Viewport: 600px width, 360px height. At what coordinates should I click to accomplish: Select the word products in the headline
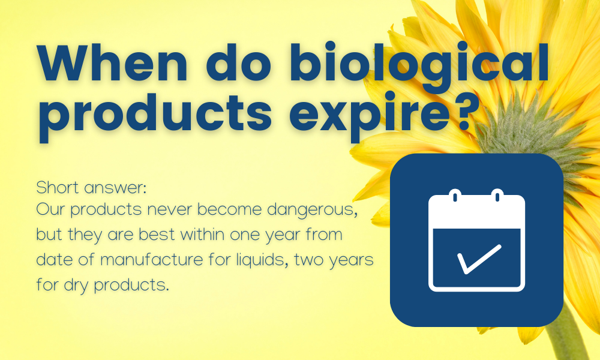155,113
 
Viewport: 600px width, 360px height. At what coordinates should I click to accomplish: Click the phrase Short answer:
91,188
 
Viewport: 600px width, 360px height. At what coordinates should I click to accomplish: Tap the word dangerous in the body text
312,211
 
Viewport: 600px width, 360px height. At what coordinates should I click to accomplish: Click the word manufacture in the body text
152,260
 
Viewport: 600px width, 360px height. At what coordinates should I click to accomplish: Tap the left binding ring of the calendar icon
455,196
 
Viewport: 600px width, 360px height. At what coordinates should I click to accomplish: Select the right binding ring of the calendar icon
497,196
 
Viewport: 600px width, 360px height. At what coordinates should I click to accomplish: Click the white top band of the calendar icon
476,212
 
